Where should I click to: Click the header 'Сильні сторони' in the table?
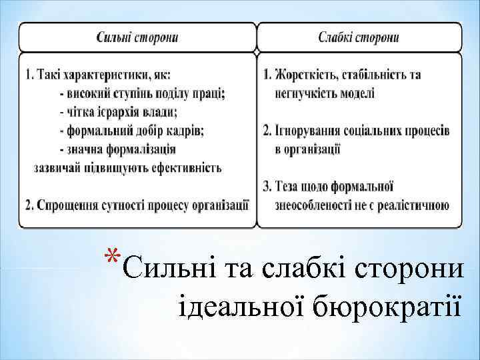tap(137, 37)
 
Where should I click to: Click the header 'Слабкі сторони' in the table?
tap(359, 37)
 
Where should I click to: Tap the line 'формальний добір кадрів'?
tap(131, 130)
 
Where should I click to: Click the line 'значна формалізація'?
tap(117, 149)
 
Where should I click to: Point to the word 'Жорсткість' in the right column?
tap(304, 75)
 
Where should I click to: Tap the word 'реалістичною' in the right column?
tap(414, 205)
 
